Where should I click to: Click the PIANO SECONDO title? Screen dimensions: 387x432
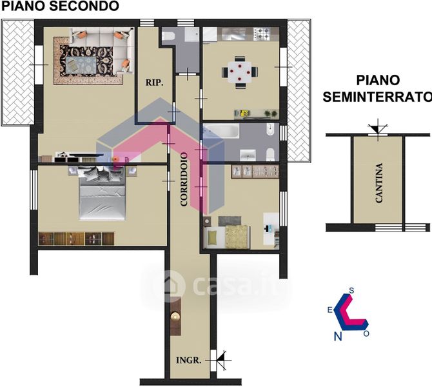coord(59,6)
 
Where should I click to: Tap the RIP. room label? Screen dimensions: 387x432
coord(153,83)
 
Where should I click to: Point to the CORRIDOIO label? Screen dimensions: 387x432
coord(184,179)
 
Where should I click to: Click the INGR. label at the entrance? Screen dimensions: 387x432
coord(189,360)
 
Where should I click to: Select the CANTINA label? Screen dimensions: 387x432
coord(379,183)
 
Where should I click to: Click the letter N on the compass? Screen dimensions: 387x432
coord(338,335)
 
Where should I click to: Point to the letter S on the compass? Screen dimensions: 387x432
coord(351,291)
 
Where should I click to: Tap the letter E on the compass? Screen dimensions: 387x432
coord(329,310)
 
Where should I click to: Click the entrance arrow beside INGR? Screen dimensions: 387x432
coord(221,359)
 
